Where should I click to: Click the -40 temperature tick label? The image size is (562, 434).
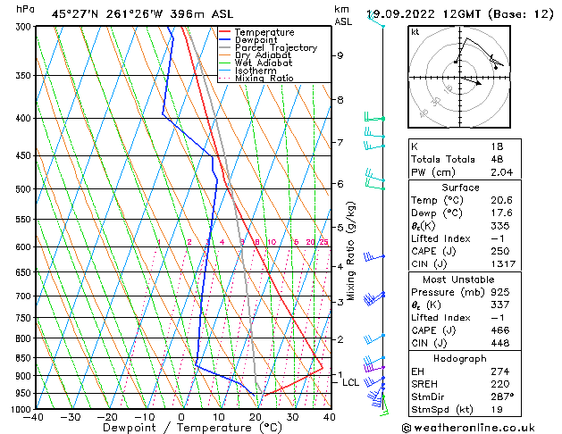34,417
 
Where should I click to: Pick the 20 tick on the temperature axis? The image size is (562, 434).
256,417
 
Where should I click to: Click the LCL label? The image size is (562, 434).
351,382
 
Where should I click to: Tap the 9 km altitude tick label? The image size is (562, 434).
340,55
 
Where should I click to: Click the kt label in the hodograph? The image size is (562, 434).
415,32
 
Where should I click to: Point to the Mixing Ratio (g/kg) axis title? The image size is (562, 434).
353,250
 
